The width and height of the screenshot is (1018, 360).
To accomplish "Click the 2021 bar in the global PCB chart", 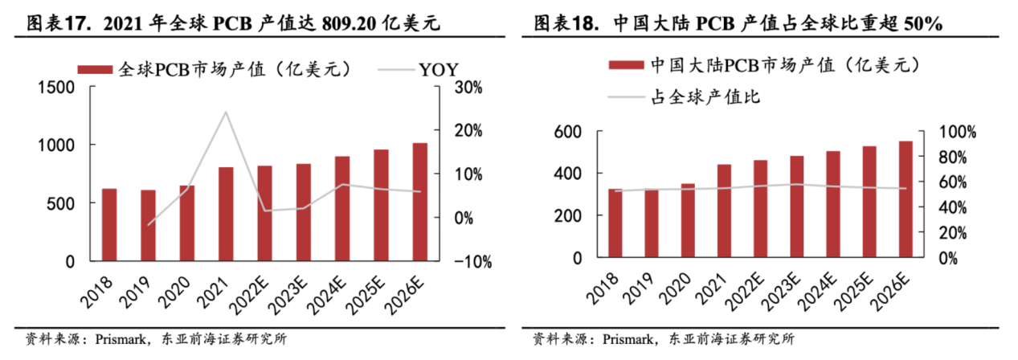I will point(227,214).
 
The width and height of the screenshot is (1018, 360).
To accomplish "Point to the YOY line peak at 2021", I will point(226,112).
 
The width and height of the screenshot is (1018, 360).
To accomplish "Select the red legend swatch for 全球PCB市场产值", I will point(96,69).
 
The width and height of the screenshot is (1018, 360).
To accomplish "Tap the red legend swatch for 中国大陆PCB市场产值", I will point(626,65).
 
